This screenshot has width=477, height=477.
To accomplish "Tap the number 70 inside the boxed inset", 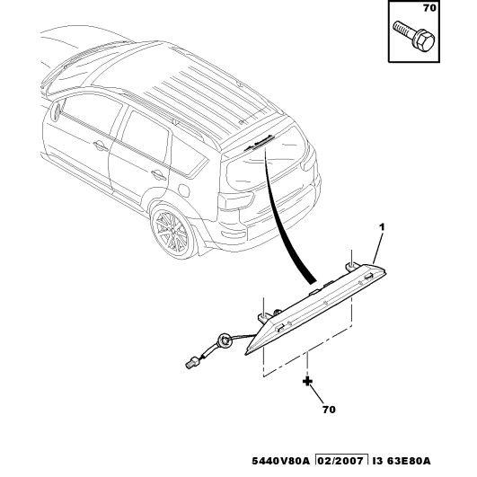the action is pyautogui.click(x=429, y=8).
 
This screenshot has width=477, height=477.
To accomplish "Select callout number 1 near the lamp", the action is pyautogui.click(x=382, y=227).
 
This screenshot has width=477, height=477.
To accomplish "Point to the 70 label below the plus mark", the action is pyautogui.click(x=329, y=410).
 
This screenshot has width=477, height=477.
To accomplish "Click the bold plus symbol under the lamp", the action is pyautogui.click(x=307, y=381).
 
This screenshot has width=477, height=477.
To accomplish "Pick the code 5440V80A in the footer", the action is pyautogui.click(x=280, y=461).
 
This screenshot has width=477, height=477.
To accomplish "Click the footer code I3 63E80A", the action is pyautogui.click(x=402, y=461).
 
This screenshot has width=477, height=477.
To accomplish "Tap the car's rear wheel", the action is pyautogui.click(x=171, y=231).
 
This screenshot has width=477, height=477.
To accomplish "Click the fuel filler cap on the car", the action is pyautogui.click(x=183, y=190).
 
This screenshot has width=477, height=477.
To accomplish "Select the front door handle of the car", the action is pyautogui.click(x=101, y=146).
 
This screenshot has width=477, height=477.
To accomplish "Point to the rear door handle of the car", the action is pyautogui.click(x=158, y=175).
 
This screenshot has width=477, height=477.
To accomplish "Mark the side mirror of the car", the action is pyautogui.click(x=56, y=111).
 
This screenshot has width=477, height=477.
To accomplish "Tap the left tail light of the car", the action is pyautogui.click(x=235, y=201).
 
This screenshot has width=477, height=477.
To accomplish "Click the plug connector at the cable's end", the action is pyautogui.click(x=191, y=363).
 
